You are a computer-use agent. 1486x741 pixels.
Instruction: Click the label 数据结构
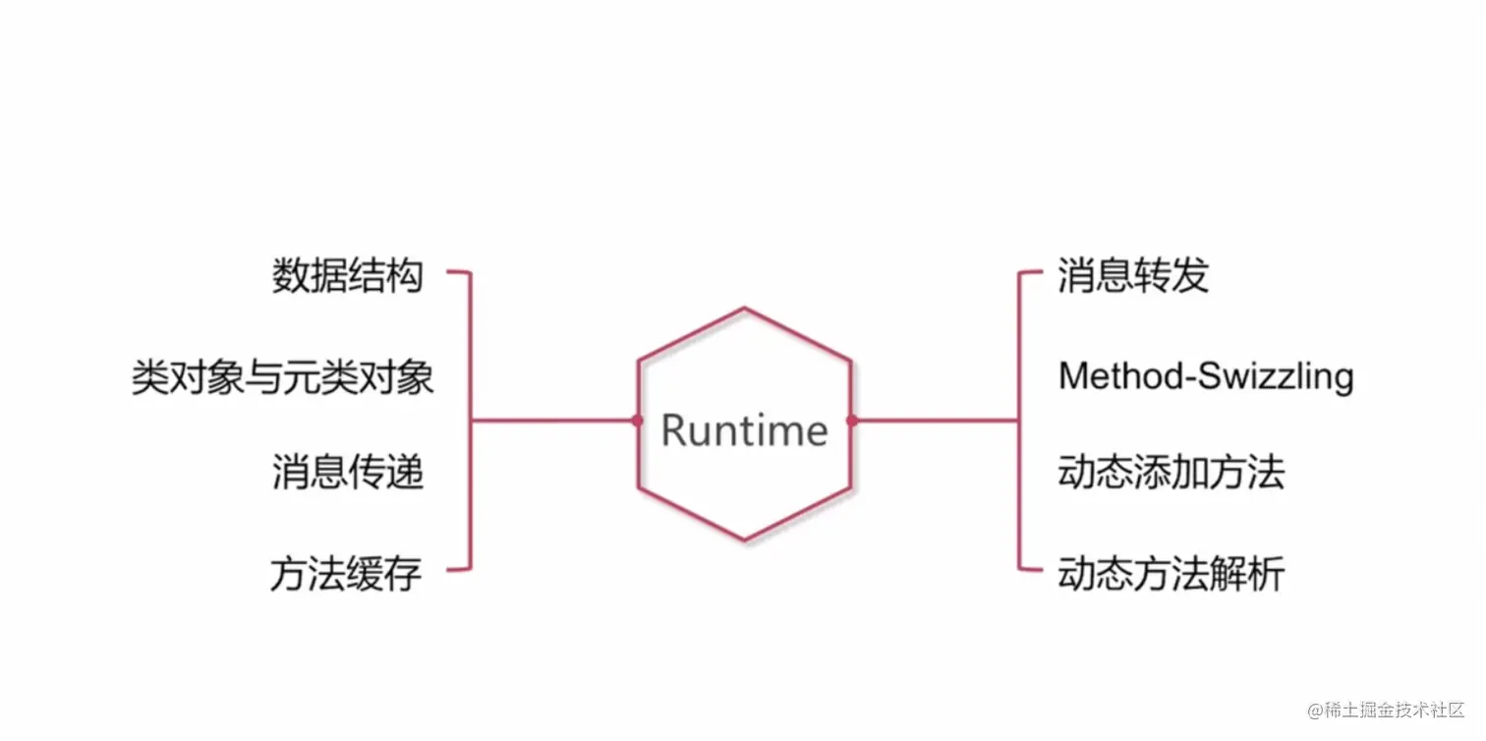pos(347,276)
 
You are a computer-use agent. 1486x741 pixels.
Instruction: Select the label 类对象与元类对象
pos(283,377)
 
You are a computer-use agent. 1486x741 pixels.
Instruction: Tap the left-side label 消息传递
pos(347,473)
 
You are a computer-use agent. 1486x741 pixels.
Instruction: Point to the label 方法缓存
pos(346,573)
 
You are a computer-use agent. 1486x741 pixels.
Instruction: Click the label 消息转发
pos(1132,276)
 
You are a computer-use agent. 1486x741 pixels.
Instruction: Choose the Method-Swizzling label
pos(1206,376)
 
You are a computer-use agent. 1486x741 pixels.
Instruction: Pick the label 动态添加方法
pos(1172,473)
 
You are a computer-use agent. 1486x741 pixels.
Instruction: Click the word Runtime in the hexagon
pos(744,430)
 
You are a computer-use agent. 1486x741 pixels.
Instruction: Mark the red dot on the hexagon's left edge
pos(637,421)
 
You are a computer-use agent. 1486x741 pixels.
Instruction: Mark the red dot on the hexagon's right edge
pos(851,421)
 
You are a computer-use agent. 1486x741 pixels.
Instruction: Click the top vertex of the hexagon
pos(744,309)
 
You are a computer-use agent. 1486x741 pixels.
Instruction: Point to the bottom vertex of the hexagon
pos(744,540)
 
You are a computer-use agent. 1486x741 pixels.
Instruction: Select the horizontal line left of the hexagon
pos(554,421)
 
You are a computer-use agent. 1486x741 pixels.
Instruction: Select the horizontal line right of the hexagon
pos(934,421)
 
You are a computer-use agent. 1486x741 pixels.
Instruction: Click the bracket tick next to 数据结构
pos(459,272)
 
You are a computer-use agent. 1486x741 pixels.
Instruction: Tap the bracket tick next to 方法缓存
pos(459,569)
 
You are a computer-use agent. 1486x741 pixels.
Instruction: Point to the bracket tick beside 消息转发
pos(1030,272)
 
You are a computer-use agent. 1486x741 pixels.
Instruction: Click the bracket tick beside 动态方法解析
pos(1030,569)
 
